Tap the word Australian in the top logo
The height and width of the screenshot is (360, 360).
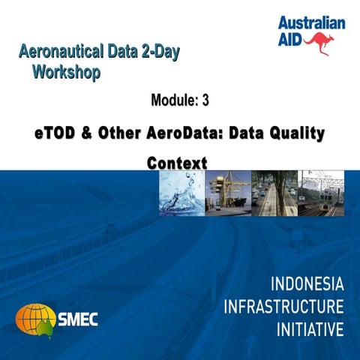click(311, 22)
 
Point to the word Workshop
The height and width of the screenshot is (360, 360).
click(66, 73)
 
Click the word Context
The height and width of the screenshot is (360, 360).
click(177, 162)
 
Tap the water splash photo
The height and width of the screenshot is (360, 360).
click(181, 193)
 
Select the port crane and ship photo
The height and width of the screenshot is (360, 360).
click(228, 193)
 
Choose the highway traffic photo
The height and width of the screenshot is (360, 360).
click(274, 193)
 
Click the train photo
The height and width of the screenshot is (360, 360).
click(321, 193)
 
